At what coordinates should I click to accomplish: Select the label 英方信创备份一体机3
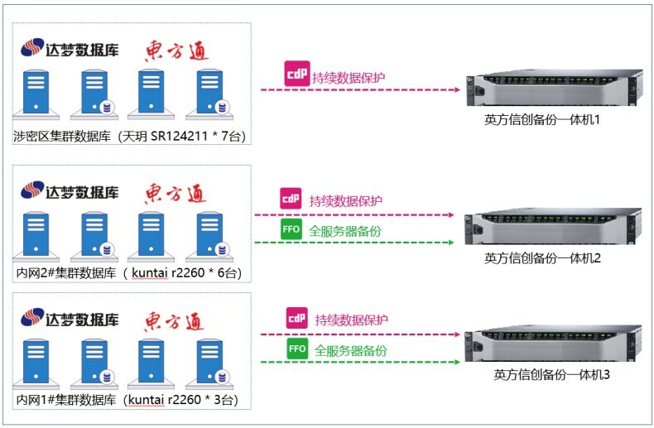[552, 375]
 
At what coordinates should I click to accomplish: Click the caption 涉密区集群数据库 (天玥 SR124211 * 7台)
[130, 136]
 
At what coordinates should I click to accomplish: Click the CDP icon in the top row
[296, 74]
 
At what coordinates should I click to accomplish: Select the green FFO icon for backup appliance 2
[291, 230]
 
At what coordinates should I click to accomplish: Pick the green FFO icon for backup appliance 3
[297, 349]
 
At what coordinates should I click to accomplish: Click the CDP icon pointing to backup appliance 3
[296, 319]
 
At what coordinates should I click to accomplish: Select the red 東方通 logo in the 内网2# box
[176, 193]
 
